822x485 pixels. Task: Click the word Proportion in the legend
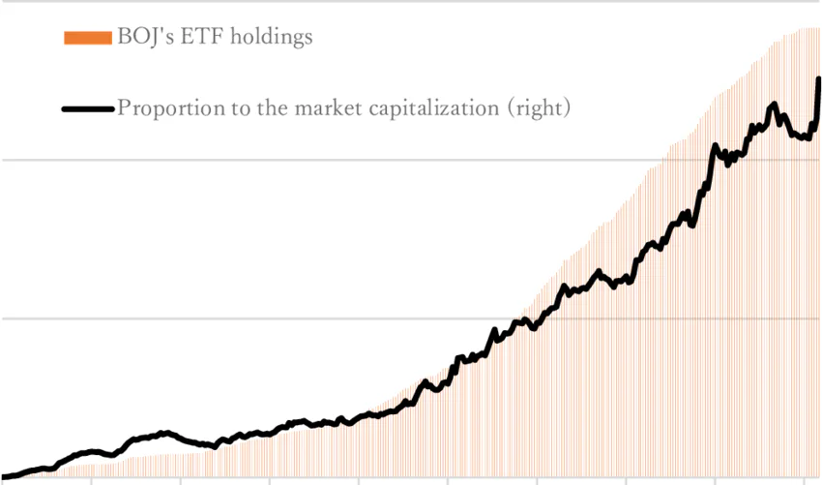[x=167, y=108]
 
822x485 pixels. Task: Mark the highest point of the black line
[x=819, y=79]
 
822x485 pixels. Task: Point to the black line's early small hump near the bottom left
[x=164, y=433]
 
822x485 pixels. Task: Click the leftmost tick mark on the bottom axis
[x=92, y=479]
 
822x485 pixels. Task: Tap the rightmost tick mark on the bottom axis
[x=805, y=479]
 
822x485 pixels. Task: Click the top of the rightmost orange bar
[x=818, y=29]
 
